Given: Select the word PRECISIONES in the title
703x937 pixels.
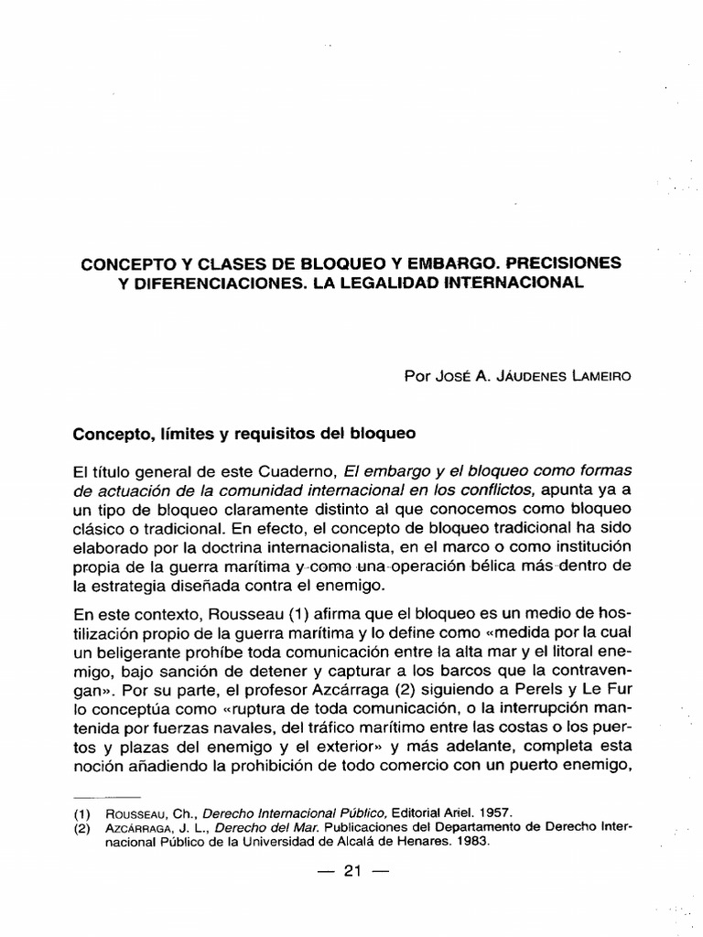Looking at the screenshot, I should (560, 263).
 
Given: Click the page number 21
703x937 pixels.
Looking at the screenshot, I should (352, 872).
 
